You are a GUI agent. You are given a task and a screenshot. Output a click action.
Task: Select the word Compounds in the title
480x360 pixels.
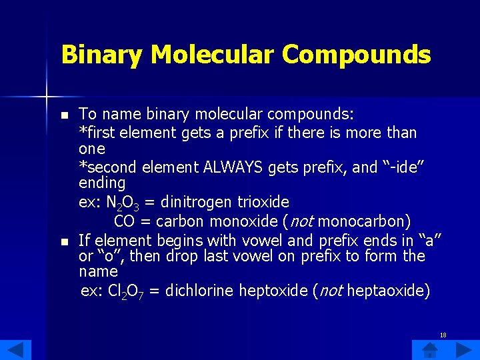click(x=357, y=55)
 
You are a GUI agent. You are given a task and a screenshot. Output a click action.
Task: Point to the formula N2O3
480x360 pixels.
click(x=125, y=202)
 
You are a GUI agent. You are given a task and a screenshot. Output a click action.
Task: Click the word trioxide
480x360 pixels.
click(x=262, y=201)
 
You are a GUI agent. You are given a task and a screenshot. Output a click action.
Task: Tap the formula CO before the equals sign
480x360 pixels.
click(x=125, y=221)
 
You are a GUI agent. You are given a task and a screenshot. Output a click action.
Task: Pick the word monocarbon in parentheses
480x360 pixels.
click(x=370, y=221)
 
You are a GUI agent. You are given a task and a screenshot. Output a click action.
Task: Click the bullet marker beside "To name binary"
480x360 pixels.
click(x=64, y=115)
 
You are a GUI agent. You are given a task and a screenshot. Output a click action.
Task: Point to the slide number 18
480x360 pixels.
click(x=443, y=335)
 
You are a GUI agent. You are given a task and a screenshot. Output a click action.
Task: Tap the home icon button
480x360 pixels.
click(x=430, y=349)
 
